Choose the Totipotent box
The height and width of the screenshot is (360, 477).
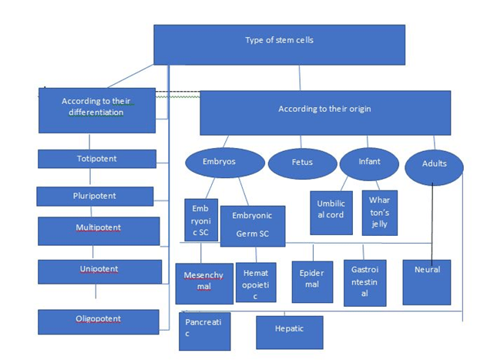click(96, 159)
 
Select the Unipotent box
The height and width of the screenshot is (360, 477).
click(99, 271)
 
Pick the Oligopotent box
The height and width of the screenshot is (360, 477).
click(98, 321)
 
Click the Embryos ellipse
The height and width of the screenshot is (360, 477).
click(224, 163)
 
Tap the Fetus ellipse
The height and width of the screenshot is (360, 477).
click(302, 163)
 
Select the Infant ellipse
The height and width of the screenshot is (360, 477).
click(369, 163)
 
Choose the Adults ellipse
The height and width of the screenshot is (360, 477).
click(434, 165)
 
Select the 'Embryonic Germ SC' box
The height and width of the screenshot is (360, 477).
click(252, 225)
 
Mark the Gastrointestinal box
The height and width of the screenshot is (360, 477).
click(364, 281)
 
